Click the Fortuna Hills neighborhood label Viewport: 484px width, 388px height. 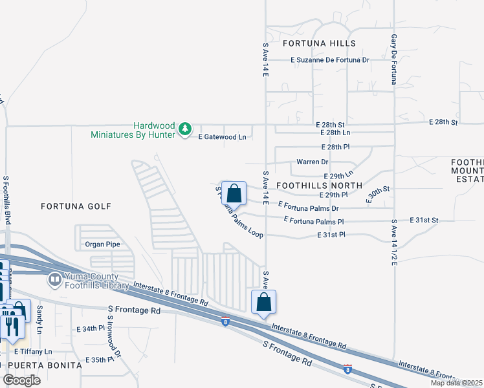[319, 43]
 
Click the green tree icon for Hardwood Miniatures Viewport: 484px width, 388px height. [185, 129]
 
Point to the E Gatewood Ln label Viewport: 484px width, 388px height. [222, 137]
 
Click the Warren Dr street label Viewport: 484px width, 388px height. [312, 162]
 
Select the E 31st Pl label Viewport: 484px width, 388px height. [333, 235]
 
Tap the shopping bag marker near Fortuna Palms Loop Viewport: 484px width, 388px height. [234, 192]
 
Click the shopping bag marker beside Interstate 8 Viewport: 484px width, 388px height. [263, 301]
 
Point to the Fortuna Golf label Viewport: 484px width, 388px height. [76, 206]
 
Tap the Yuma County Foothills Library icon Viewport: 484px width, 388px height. [54, 279]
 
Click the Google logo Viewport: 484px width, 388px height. [21, 380]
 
